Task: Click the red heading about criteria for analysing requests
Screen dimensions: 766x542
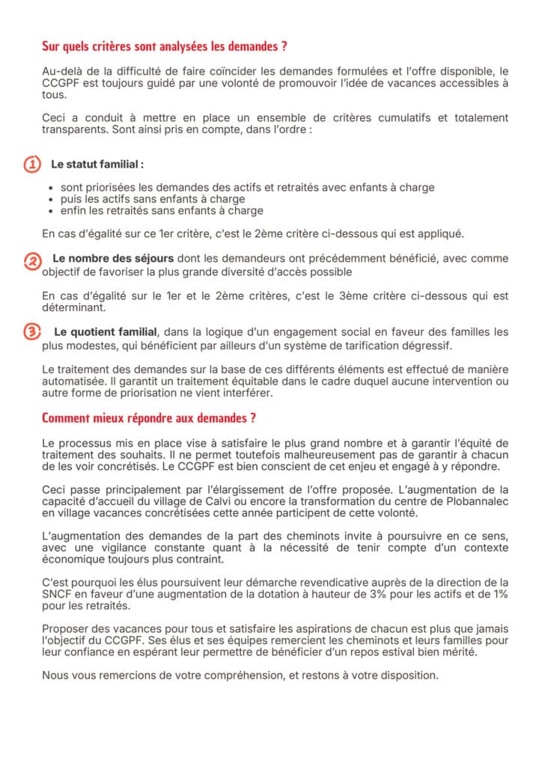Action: pyautogui.click(x=165, y=46)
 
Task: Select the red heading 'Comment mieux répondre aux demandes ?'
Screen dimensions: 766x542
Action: pyautogui.click(x=150, y=417)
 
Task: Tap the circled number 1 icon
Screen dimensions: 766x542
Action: pyautogui.click(x=32, y=164)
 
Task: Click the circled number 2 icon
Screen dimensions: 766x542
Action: pyautogui.click(x=33, y=260)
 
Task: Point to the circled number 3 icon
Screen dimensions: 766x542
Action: pyautogui.click(x=33, y=331)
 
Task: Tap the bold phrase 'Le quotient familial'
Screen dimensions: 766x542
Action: pyautogui.click(x=106, y=331)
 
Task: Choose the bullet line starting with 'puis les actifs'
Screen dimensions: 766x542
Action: pyautogui.click(x=153, y=200)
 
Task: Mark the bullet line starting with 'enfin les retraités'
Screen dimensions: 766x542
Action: pyautogui.click(x=162, y=211)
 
